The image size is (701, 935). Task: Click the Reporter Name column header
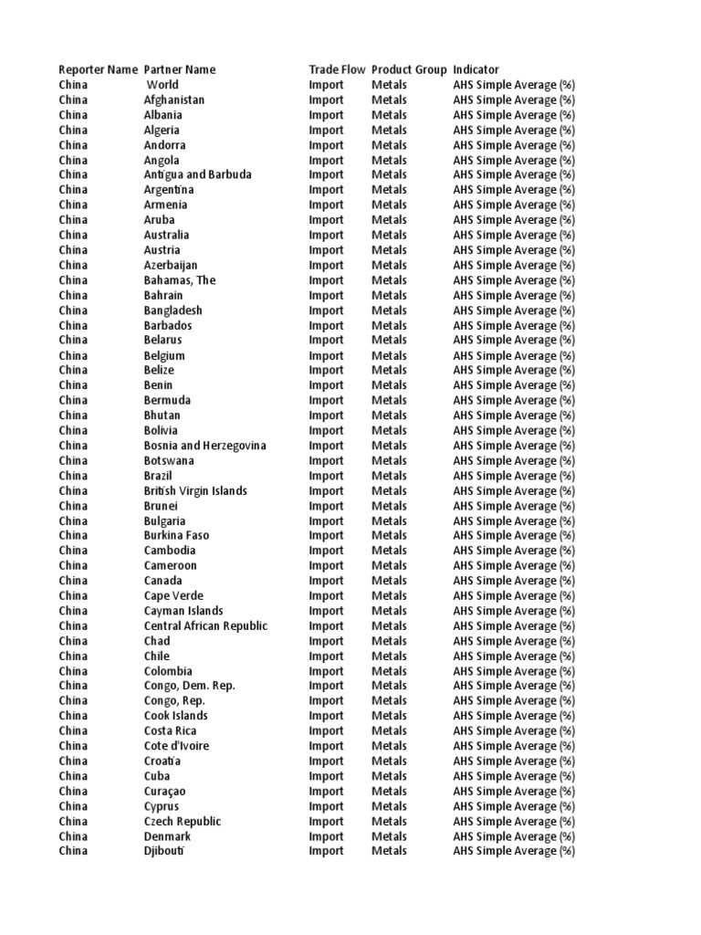tap(99, 70)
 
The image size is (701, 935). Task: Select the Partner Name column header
tap(180, 70)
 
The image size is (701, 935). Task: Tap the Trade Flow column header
tap(337, 70)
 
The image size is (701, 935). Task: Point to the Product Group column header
tap(409, 70)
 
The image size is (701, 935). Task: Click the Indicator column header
tap(476, 70)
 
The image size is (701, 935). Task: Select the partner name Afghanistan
tap(174, 100)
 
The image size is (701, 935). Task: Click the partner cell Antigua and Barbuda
tap(198, 175)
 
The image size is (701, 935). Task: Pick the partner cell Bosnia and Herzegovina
tap(205, 446)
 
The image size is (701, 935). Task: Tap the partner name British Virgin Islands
tap(195, 491)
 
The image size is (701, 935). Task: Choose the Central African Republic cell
tap(206, 626)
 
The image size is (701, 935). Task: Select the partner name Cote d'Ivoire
tap(176, 746)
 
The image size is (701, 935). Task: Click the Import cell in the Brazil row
tap(326, 476)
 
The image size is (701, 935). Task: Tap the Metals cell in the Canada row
tap(389, 581)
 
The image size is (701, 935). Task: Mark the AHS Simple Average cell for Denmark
tap(514, 836)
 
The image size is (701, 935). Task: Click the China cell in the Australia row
tap(73, 236)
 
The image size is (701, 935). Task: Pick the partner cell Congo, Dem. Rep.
tap(190, 686)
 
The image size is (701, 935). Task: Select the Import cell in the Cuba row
tap(326, 776)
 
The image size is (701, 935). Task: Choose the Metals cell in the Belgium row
tap(389, 356)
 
